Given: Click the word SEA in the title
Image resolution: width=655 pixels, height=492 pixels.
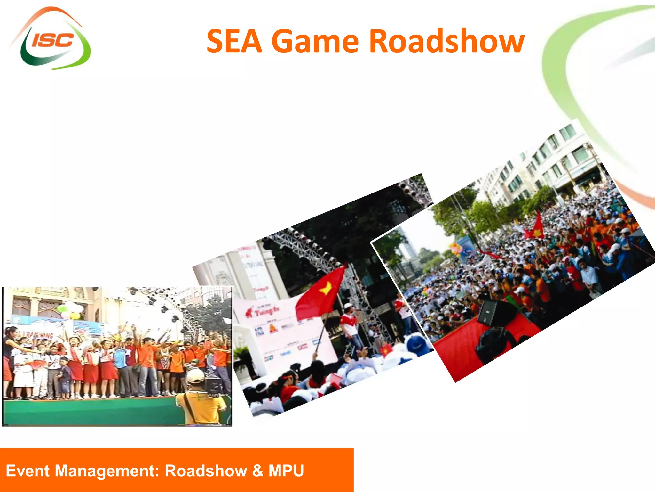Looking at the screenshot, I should coord(234,41).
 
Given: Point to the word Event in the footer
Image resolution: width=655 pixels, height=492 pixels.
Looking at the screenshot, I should coord(28,471).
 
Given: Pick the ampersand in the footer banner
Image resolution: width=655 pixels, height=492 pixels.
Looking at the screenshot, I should coord(257,471).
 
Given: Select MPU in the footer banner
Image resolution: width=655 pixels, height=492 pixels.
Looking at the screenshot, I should coord(286,471).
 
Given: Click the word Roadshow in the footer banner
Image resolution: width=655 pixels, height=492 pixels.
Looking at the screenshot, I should coord(206,471).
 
